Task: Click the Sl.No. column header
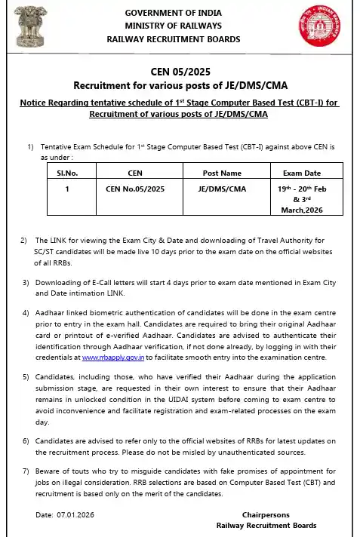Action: (x=68, y=172)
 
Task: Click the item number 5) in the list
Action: (x=26, y=376)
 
